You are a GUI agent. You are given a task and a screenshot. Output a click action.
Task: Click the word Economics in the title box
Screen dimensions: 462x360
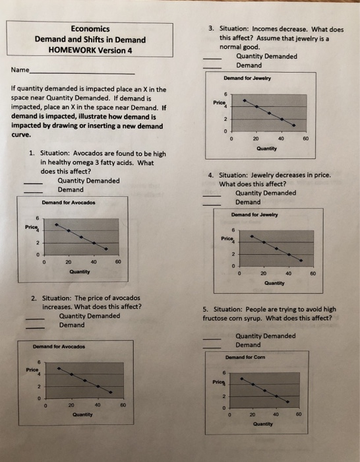(91, 28)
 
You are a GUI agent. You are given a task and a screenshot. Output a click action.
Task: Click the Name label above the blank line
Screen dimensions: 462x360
(20, 70)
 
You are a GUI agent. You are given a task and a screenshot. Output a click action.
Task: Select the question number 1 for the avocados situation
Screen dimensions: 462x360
(32, 154)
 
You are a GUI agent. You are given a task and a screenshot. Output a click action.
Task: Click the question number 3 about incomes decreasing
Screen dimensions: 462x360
(211, 29)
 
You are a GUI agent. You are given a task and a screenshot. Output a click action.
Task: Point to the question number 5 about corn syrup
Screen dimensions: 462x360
(206, 308)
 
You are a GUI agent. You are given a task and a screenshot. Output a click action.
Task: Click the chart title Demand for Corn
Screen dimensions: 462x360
(251, 357)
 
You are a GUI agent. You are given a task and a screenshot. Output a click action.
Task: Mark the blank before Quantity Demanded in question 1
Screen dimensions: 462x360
(33, 182)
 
